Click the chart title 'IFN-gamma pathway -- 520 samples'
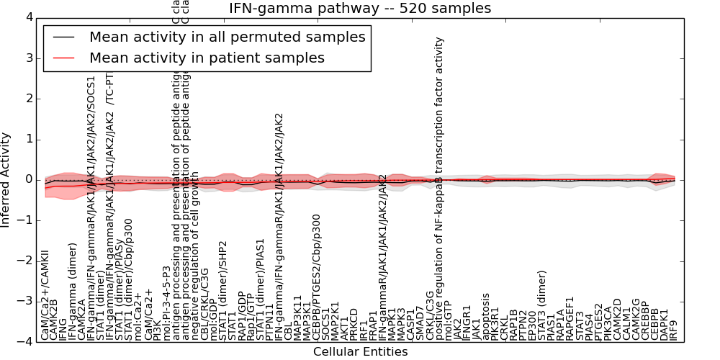360,9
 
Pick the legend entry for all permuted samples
227,37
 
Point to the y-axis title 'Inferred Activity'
6,180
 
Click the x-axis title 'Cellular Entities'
360,351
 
